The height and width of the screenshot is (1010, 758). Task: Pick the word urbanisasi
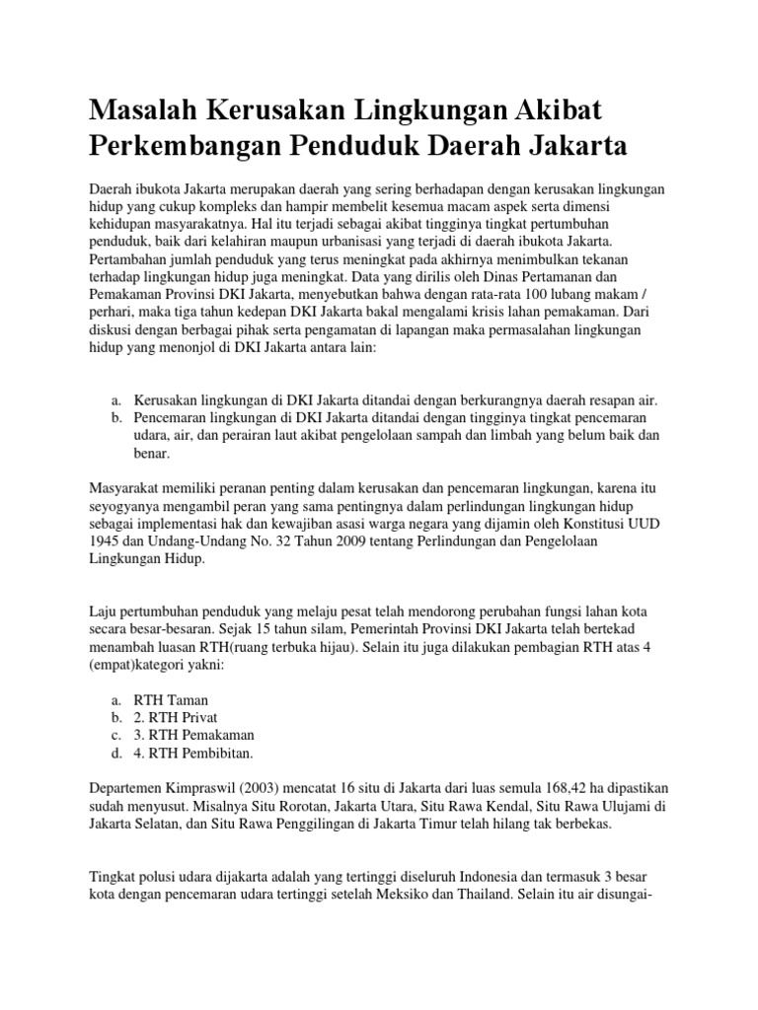pyautogui.click(x=321, y=240)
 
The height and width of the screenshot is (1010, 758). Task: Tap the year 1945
pyautogui.click(x=107, y=542)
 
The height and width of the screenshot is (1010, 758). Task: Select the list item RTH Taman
pyautogui.click(x=178, y=699)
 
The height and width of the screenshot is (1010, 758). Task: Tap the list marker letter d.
pyautogui.click(x=116, y=754)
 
